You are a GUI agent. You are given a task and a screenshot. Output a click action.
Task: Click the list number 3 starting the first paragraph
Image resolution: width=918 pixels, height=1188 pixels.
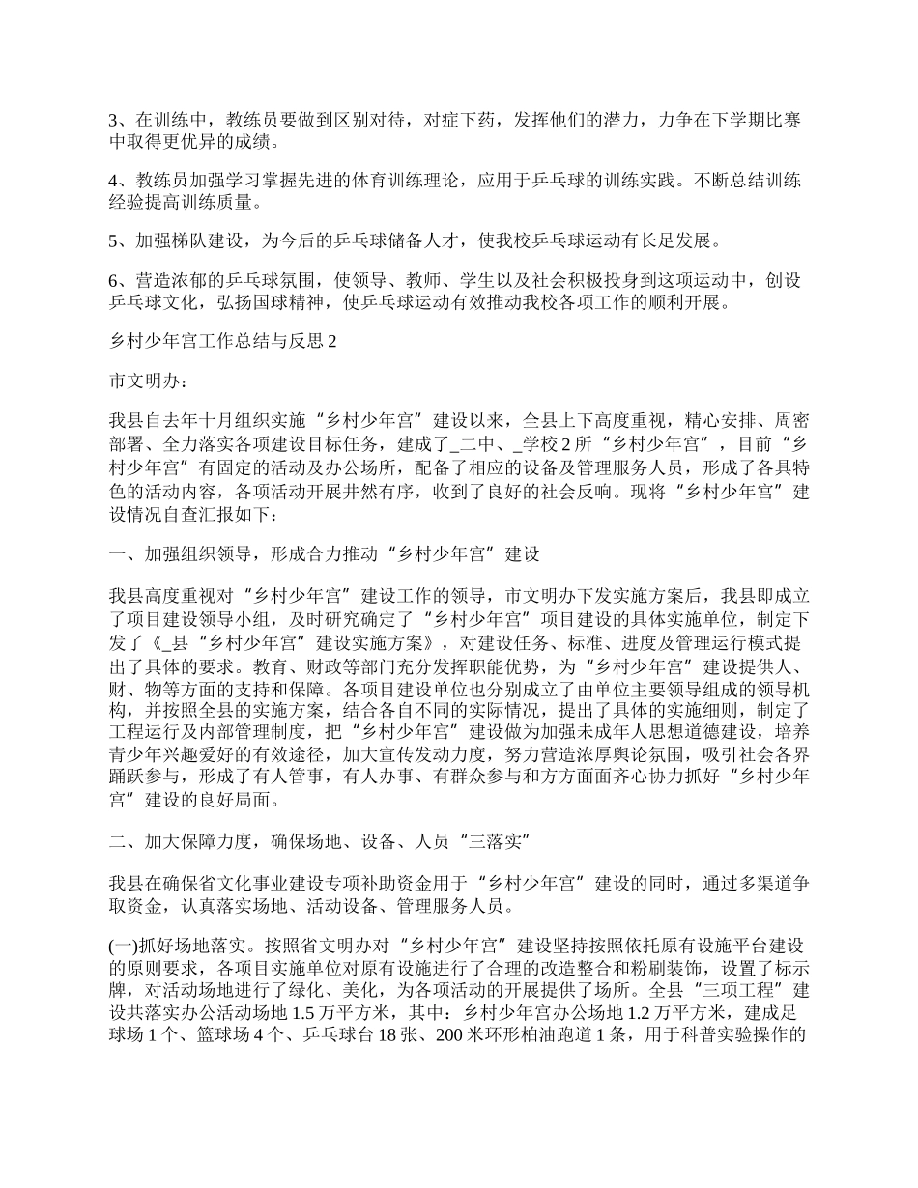pyautogui.click(x=114, y=121)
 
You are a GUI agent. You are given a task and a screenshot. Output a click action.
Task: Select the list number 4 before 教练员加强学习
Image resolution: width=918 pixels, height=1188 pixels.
pyautogui.click(x=114, y=181)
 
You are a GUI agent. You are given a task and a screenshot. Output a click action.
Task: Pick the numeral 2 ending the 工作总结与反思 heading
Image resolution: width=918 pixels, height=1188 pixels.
pyautogui.click(x=330, y=342)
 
